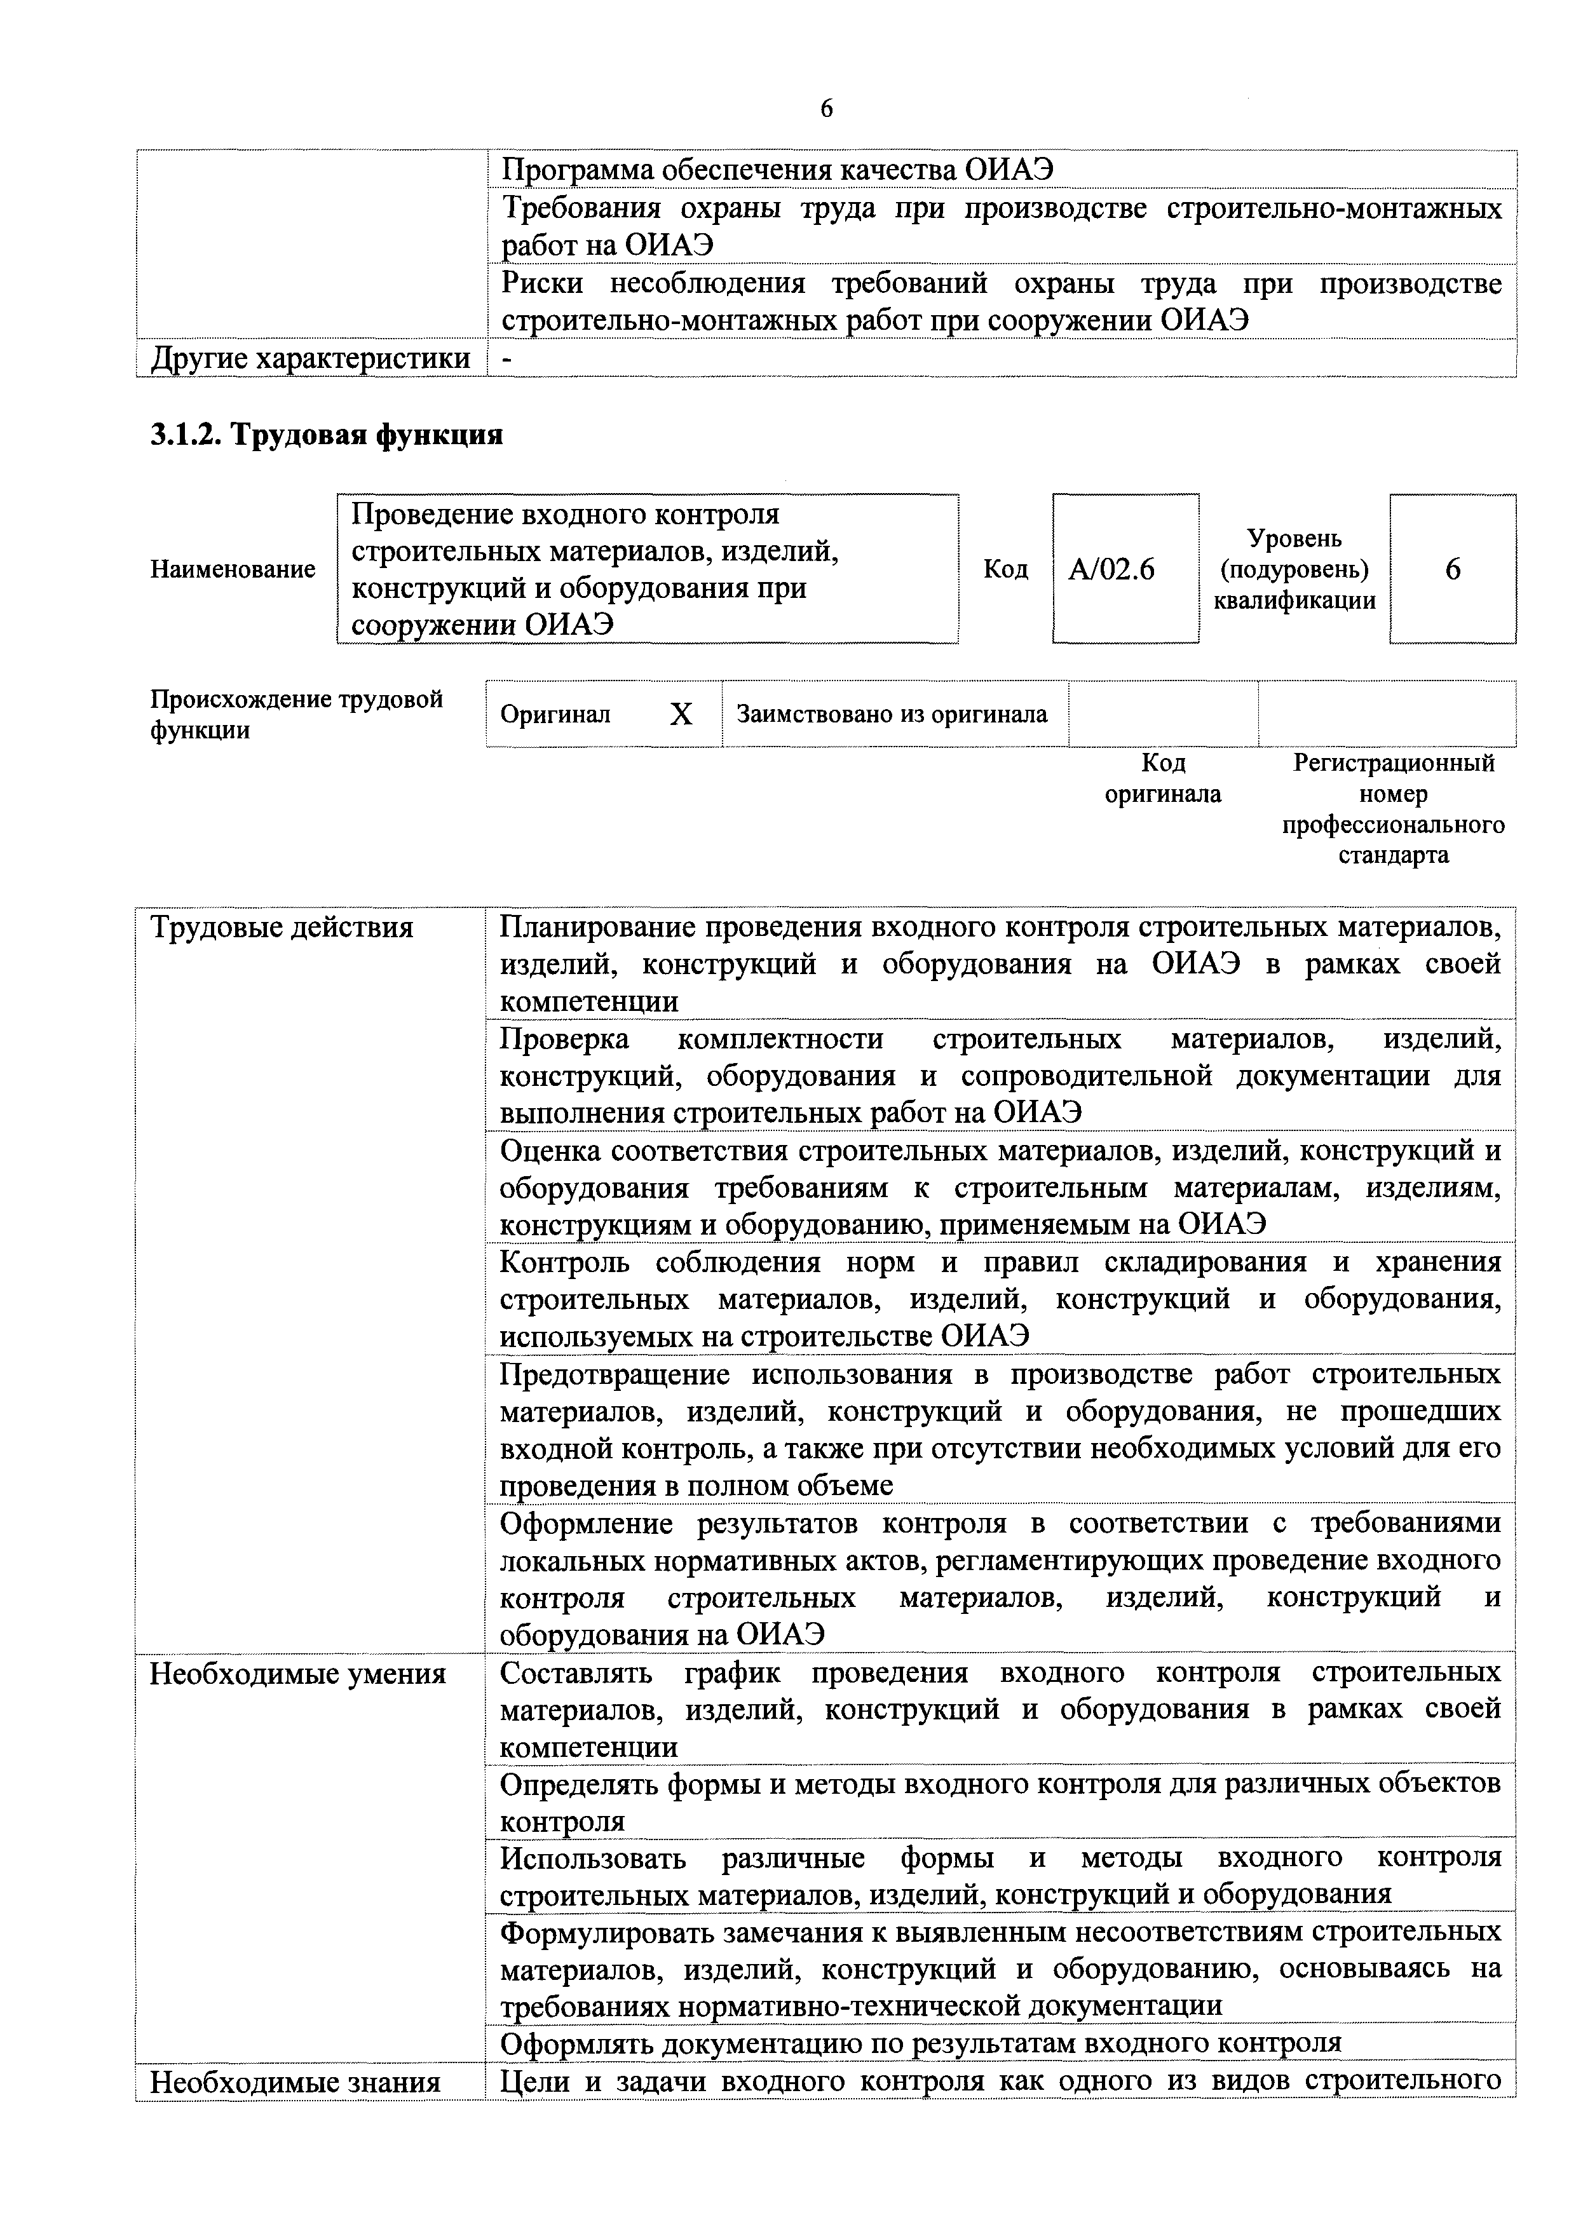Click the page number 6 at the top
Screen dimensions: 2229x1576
click(x=826, y=108)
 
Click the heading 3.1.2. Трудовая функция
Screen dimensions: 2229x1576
click(x=326, y=434)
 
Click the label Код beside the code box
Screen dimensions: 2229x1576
click(x=1005, y=569)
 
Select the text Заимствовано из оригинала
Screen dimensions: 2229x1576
click(x=892, y=715)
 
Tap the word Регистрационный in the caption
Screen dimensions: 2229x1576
click(x=1394, y=763)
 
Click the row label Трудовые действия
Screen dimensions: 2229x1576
click(x=282, y=928)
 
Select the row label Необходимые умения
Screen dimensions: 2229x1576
click(x=297, y=1674)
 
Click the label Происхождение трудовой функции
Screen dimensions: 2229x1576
click(x=296, y=715)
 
